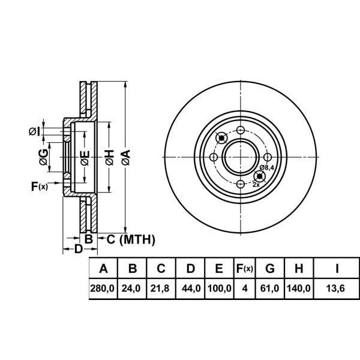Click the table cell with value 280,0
103,289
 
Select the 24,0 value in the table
131,289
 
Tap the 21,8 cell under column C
161,289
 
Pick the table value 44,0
190,289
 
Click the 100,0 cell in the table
219,289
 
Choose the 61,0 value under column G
270,289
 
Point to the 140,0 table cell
299,289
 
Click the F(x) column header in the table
244,268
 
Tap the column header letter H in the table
299,268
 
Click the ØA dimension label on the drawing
125,158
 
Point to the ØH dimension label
109,158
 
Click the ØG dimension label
43,157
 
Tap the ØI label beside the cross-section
35,131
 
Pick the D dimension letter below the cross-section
78,248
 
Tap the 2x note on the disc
256,185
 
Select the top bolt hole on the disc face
241,131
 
